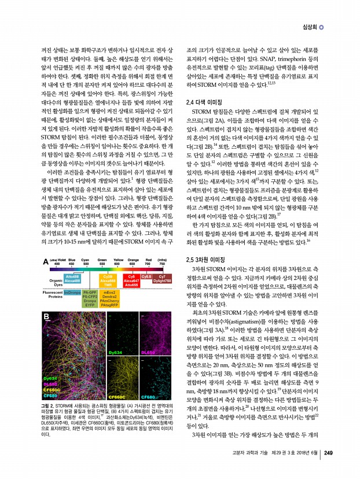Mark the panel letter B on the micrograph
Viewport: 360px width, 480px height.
pos(46,316)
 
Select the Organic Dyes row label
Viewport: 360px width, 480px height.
pos(53,282)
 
